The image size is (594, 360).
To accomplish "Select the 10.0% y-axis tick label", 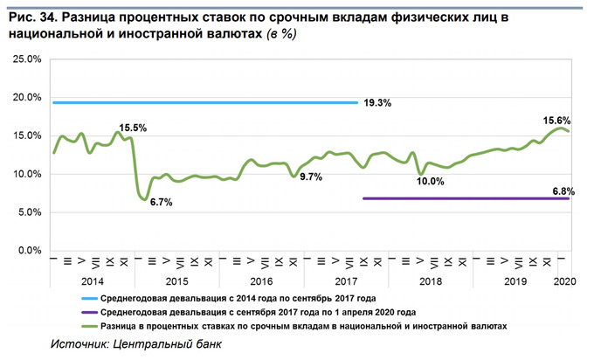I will pyautogui.click(x=26, y=174).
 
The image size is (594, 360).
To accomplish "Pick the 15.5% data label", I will pyautogui.click(x=133, y=128).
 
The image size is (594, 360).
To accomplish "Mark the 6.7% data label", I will pyautogui.click(x=161, y=203).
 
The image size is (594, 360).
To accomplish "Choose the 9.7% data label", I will pyautogui.click(x=311, y=177).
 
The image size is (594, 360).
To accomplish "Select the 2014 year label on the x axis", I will pyautogui.click(x=92, y=282).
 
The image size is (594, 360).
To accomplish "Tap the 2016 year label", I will pyautogui.click(x=261, y=282).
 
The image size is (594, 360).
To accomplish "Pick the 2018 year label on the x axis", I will pyautogui.click(x=431, y=282).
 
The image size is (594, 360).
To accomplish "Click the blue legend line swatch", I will pyautogui.click(x=86, y=297).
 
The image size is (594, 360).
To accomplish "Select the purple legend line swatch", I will pyautogui.click(x=86, y=311).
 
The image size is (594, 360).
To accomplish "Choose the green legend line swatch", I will pyautogui.click(x=86, y=325).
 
